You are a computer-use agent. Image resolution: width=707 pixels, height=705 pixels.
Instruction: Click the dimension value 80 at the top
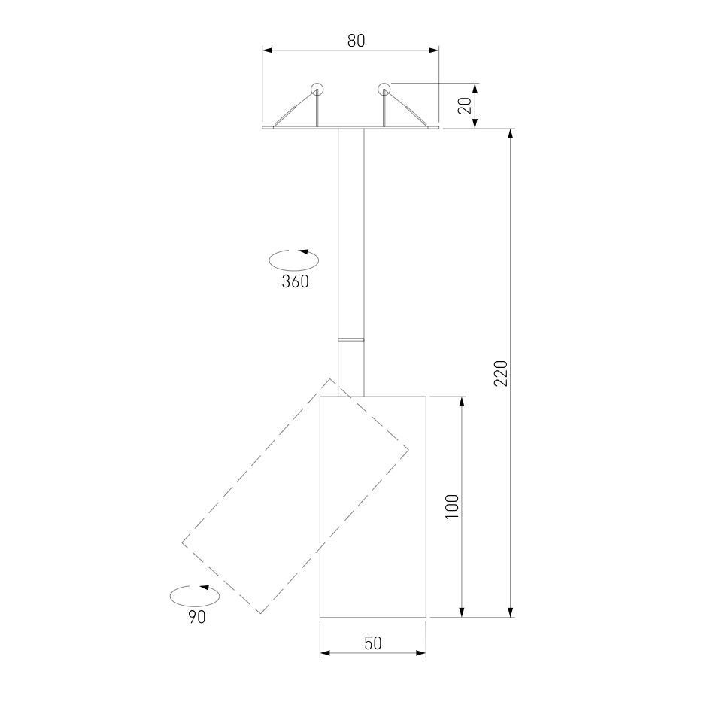356,41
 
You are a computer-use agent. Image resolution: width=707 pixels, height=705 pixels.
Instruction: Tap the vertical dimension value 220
501,373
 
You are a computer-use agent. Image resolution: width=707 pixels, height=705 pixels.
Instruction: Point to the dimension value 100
452,506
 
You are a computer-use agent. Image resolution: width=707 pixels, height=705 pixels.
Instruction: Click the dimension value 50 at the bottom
373,643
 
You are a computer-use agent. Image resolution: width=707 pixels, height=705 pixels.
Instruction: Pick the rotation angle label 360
296,281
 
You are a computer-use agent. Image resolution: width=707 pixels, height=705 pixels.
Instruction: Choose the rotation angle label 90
197,617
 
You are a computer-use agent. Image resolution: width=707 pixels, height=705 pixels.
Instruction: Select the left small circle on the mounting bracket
317,89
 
